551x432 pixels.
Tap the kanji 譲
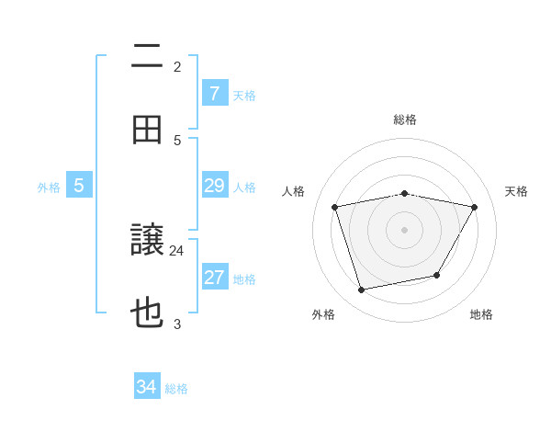[x=148, y=242]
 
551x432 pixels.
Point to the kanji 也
[x=148, y=313]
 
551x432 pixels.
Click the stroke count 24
[x=177, y=250]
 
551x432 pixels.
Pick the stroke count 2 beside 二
[x=177, y=66]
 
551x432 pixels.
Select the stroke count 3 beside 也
[x=177, y=323]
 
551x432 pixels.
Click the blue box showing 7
[x=214, y=93]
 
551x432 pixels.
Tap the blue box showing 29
[x=214, y=186]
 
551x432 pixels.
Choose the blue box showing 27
[x=214, y=278]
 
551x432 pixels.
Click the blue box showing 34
[x=147, y=387]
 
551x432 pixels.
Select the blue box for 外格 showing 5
[x=79, y=186]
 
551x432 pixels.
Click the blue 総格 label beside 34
[x=176, y=389]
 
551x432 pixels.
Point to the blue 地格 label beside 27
[x=244, y=279]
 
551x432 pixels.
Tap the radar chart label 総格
[x=404, y=119]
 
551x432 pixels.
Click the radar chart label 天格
[x=516, y=191]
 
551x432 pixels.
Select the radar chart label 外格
[x=323, y=314]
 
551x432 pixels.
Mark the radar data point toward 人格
[x=335, y=207]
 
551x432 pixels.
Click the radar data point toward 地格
[x=437, y=275]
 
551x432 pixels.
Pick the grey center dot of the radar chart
[x=404, y=229]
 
